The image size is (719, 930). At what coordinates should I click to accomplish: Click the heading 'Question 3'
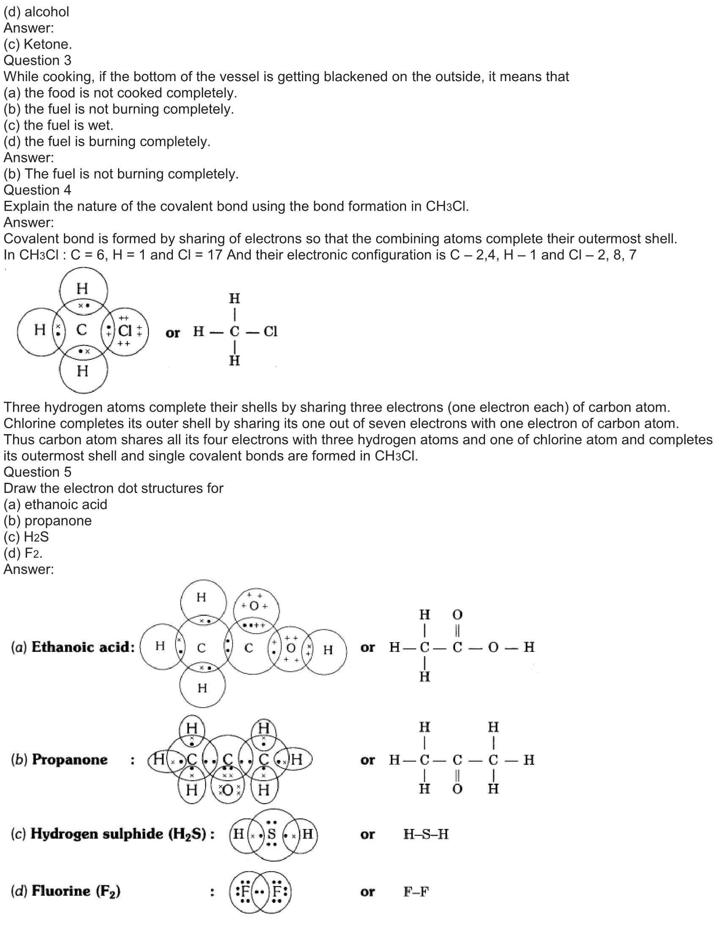(38, 60)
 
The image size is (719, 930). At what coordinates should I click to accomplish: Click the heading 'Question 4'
(38, 190)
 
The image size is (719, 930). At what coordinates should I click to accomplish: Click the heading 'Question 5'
(38, 472)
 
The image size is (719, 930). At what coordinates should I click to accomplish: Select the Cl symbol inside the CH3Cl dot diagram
(125, 331)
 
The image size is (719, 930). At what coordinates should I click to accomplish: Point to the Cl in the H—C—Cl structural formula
(271, 331)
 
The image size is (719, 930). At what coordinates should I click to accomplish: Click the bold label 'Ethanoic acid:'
(83, 648)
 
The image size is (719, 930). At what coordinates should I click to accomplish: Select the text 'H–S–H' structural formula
(426, 834)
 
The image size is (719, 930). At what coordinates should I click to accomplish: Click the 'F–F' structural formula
(416, 892)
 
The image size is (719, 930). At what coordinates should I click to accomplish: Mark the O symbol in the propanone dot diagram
(228, 790)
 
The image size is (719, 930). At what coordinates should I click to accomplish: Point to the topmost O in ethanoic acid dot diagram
(254, 605)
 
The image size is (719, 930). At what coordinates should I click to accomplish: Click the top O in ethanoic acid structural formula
(457, 615)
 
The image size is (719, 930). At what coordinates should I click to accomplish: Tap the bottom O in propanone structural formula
(457, 789)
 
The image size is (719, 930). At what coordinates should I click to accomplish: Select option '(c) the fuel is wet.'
(58, 125)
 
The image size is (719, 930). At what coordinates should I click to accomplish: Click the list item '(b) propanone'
(48, 520)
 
